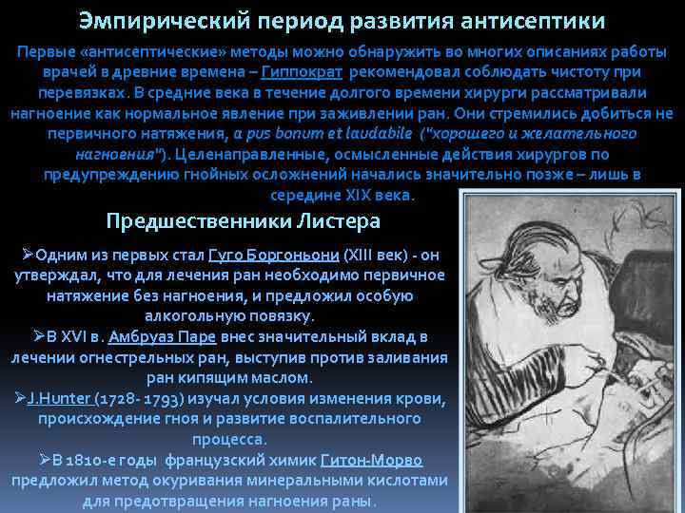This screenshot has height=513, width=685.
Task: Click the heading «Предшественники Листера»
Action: [244, 221]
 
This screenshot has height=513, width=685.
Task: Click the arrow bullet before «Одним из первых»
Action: [28, 256]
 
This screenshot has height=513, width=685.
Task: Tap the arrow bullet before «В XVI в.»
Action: [39, 336]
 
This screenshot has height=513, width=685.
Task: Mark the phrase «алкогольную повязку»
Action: [229, 315]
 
